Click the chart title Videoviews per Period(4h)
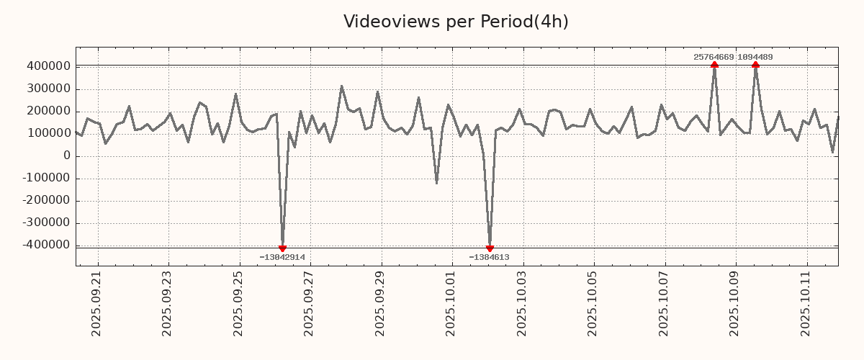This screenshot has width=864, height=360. (456, 22)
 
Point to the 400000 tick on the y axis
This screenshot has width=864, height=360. (48, 67)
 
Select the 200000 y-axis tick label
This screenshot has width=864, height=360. (48, 112)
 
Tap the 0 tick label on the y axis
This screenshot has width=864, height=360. (67, 156)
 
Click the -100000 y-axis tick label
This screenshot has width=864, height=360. (45, 179)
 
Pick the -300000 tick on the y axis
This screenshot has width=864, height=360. (45, 223)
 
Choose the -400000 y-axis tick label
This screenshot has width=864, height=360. (45, 246)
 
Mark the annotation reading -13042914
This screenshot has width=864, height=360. (282, 257)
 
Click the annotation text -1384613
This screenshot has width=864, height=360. (489, 257)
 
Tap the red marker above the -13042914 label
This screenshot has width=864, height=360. (282, 248)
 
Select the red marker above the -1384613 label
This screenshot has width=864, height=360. (490, 248)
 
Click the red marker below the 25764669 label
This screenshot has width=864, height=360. (714, 65)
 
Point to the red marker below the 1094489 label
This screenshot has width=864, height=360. (755, 65)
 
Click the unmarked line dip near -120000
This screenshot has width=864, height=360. (436, 182)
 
